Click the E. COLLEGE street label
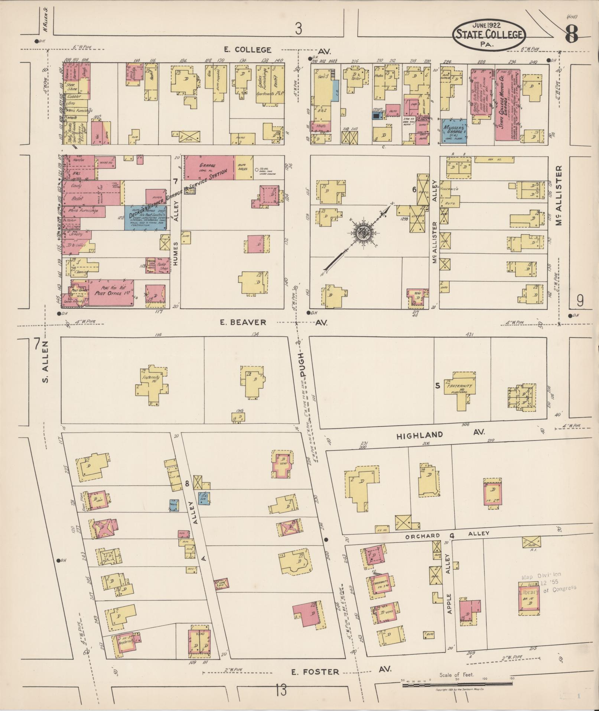click(x=248, y=49)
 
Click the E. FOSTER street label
click(x=315, y=672)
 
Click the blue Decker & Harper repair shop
click(x=146, y=217)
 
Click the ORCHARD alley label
click(x=423, y=536)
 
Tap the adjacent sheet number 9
click(x=580, y=300)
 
